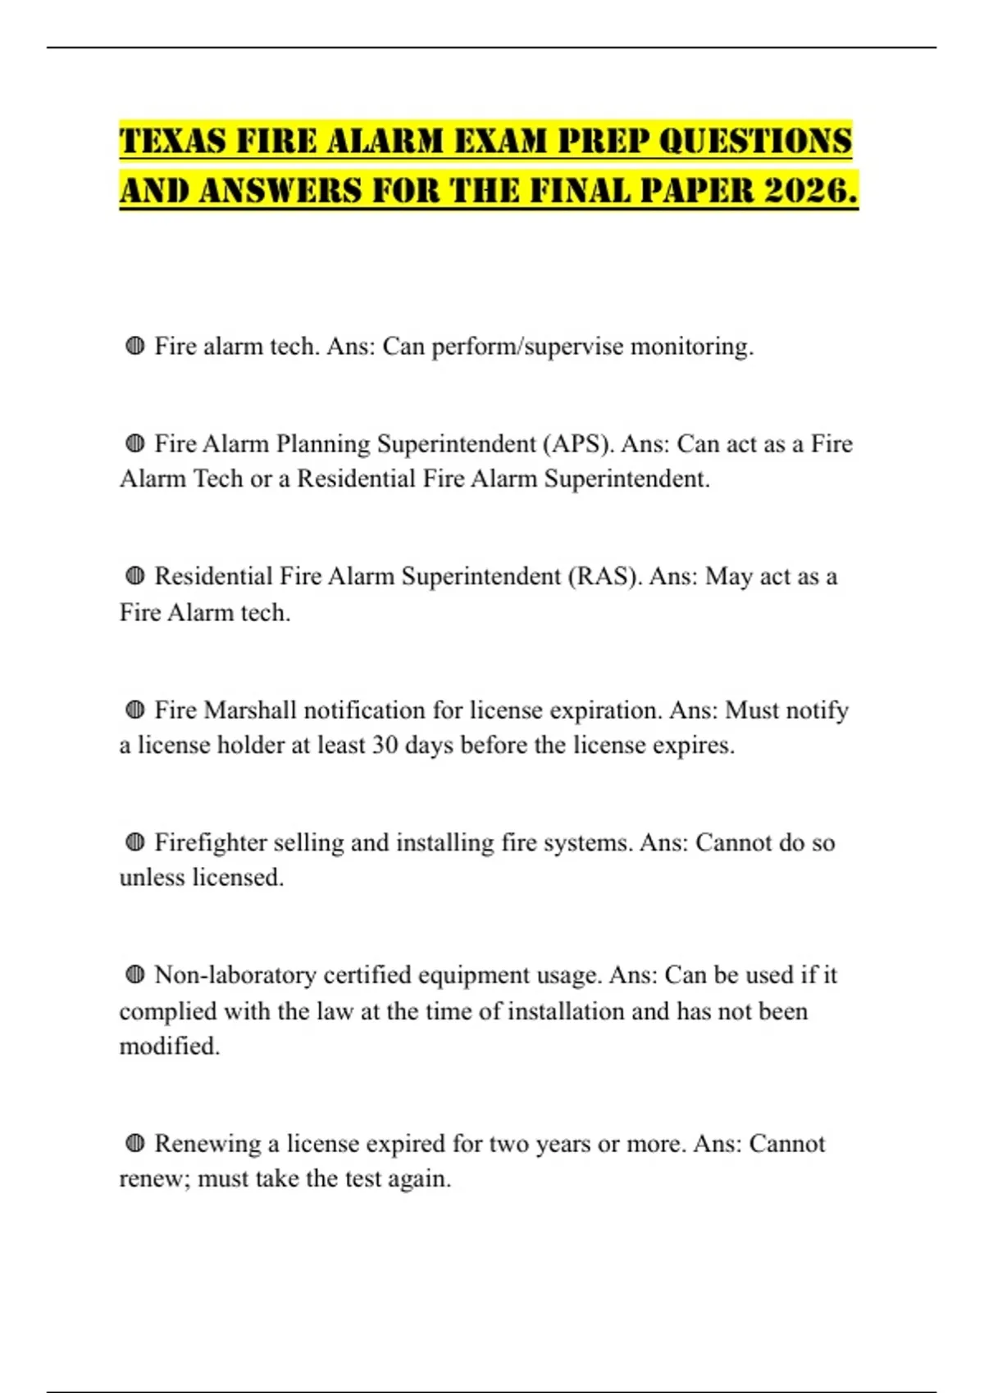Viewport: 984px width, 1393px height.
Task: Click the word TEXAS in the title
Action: click(172, 141)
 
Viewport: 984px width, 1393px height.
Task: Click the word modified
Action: click(169, 1046)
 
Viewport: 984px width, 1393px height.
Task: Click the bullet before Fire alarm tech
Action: click(135, 347)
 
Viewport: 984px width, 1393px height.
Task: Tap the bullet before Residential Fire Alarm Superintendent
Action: click(135, 577)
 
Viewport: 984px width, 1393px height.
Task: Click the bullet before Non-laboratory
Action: click(135, 975)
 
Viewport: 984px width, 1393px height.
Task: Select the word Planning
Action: click(323, 444)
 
